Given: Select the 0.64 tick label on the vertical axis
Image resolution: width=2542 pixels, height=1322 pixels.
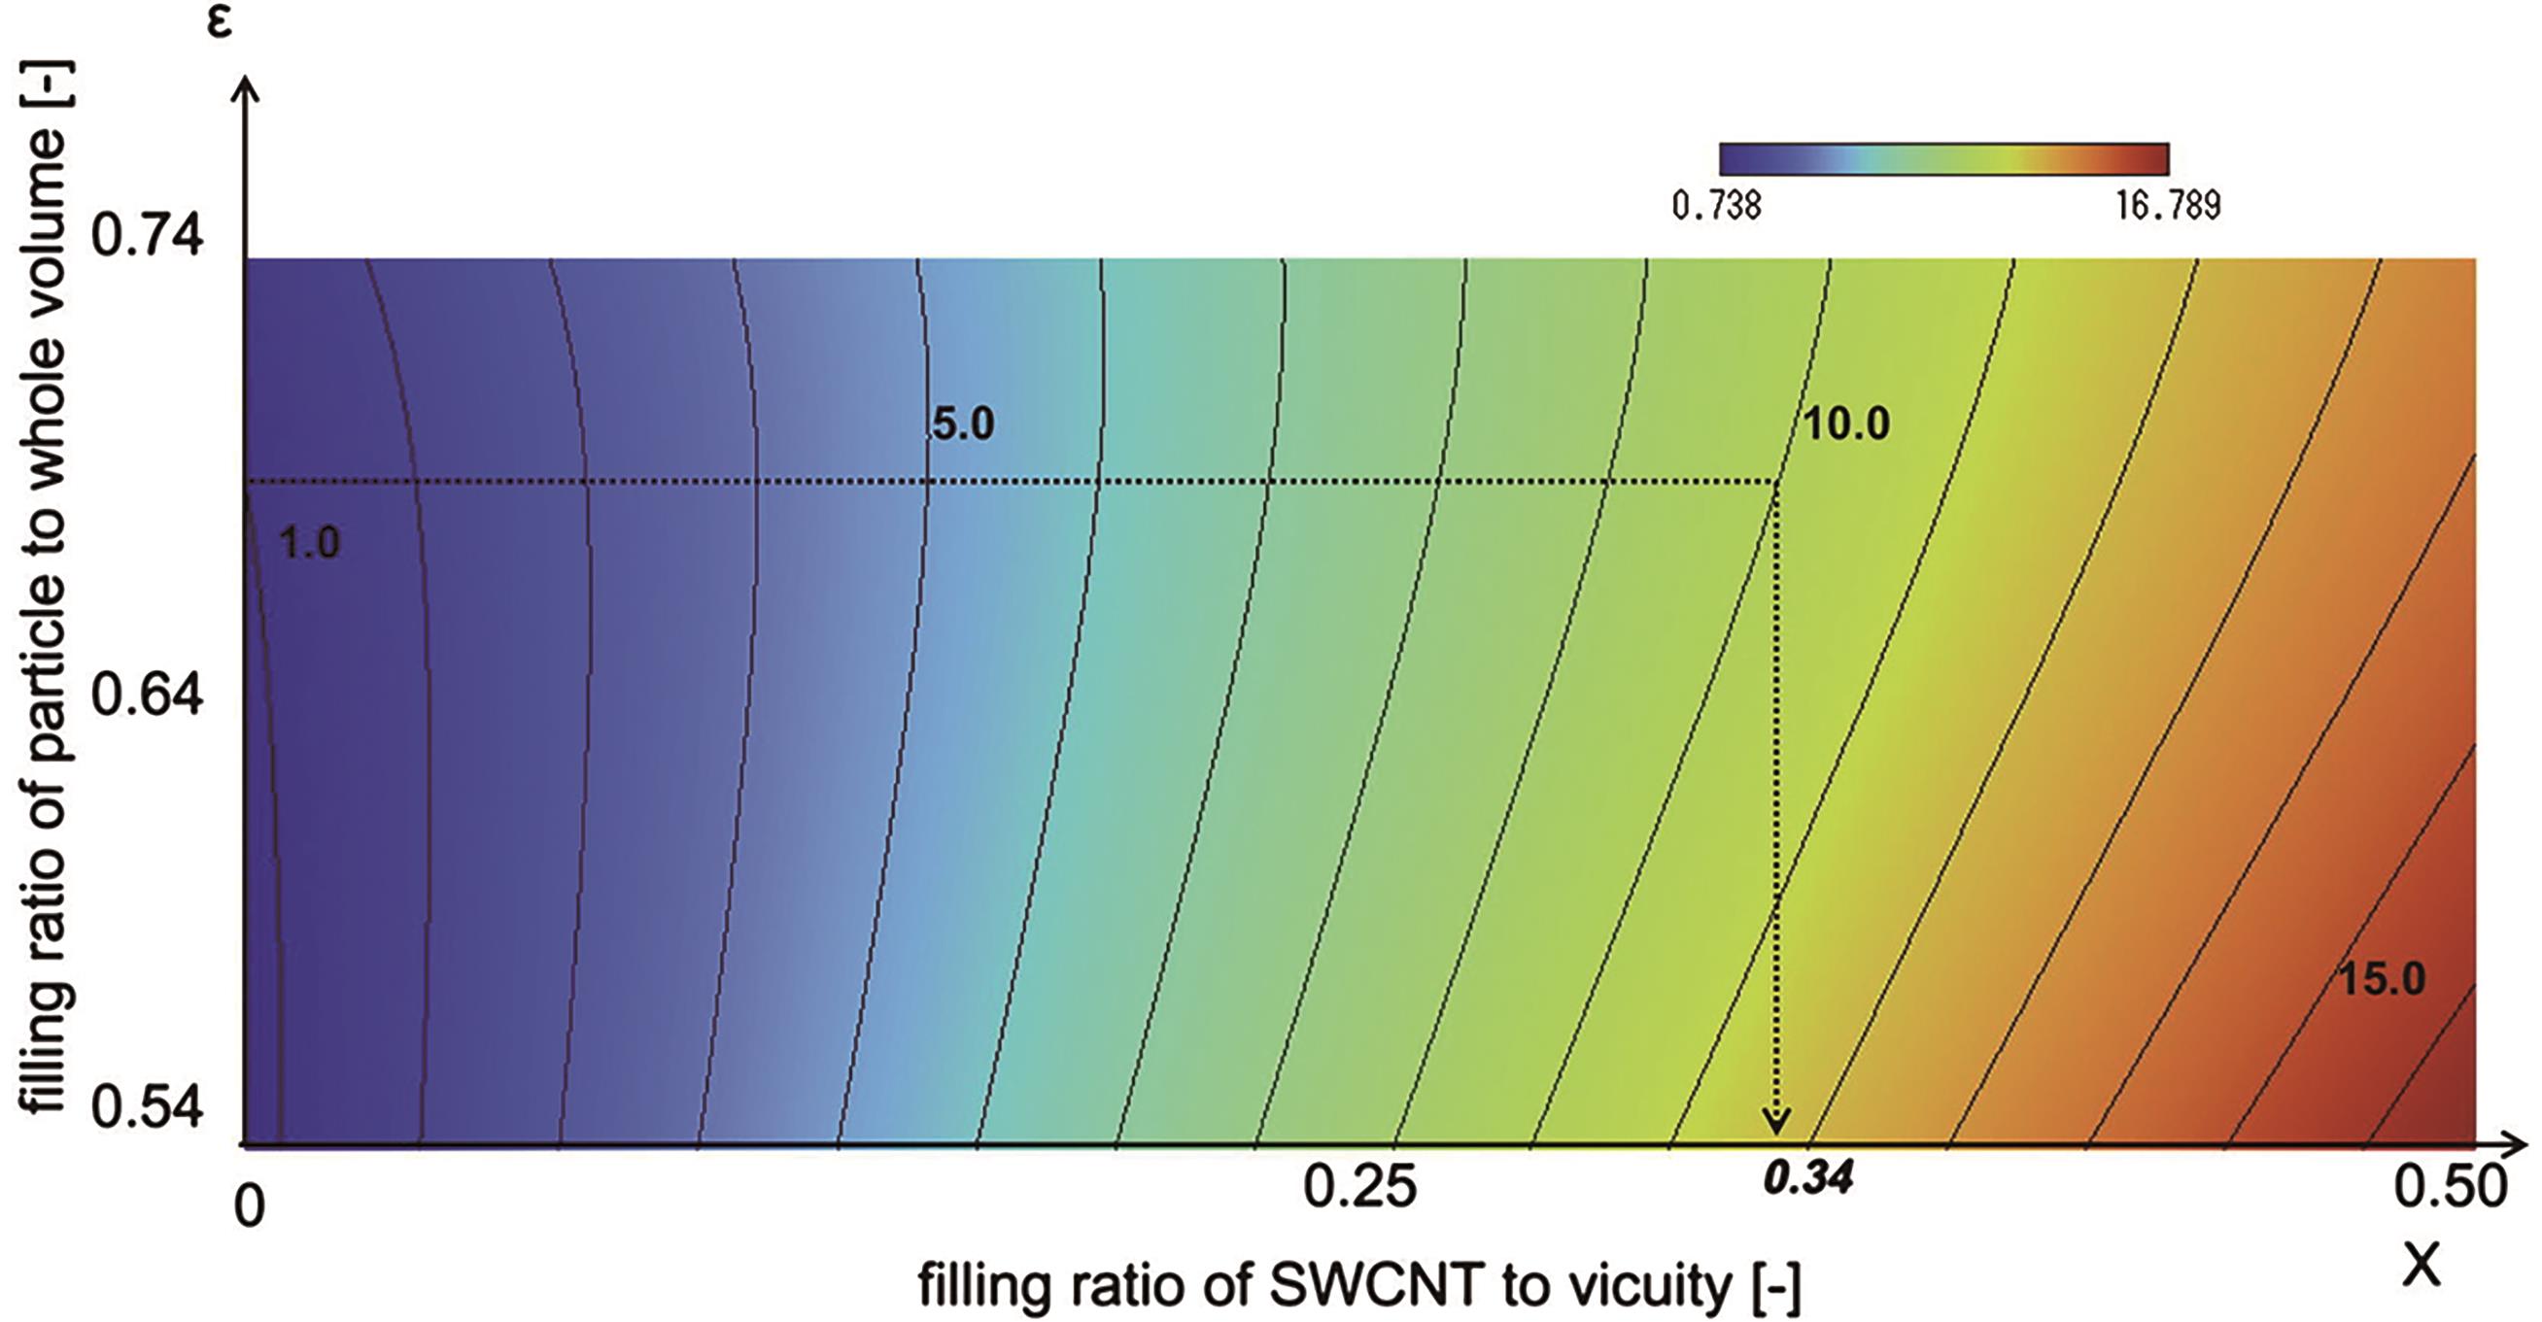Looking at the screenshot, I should point(147,695).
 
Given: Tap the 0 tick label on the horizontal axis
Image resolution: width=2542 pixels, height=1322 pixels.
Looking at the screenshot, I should point(250,1206).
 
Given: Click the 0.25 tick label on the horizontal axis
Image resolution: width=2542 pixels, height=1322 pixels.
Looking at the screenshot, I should point(1359,1188).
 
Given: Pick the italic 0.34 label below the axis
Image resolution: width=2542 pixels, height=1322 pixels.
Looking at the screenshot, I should point(1807,1178).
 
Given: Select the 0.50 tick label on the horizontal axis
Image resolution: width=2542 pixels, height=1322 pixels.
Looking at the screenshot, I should point(2451,1188).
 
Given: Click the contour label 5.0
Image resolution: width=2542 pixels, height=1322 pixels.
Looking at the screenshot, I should point(963,424).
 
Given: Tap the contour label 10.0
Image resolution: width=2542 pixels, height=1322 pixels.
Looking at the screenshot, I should point(1845,424).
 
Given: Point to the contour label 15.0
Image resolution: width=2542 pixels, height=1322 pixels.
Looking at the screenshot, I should point(2381,980).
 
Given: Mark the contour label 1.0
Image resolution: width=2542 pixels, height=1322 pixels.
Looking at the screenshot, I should point(309,544).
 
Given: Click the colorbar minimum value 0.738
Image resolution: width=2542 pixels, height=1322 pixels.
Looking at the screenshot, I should point(1716,205).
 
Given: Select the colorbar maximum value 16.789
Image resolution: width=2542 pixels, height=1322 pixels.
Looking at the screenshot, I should point(2167,205).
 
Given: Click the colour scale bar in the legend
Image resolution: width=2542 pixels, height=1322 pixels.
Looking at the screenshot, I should point(1943,159).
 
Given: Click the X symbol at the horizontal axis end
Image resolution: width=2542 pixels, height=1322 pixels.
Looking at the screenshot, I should point(2422,1266).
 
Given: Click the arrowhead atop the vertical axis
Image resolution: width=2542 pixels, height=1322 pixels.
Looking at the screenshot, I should point(249,90).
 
